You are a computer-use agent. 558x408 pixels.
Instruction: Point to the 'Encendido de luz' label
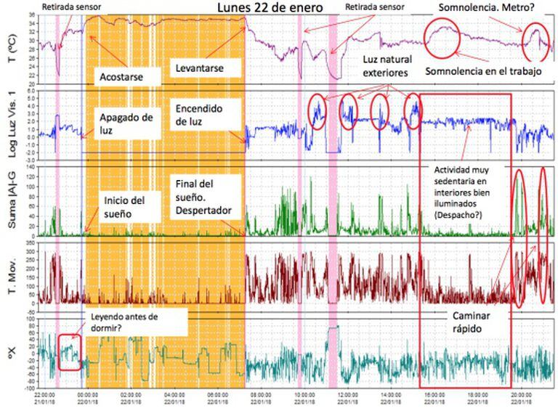(x=198, y=115)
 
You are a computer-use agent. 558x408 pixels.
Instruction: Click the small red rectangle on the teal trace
(x=68, y=351)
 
